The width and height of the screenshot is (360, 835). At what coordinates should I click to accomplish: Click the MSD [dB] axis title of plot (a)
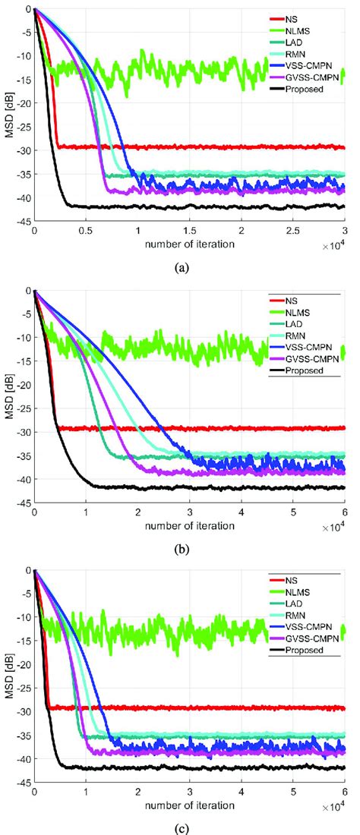pos(8,114)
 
